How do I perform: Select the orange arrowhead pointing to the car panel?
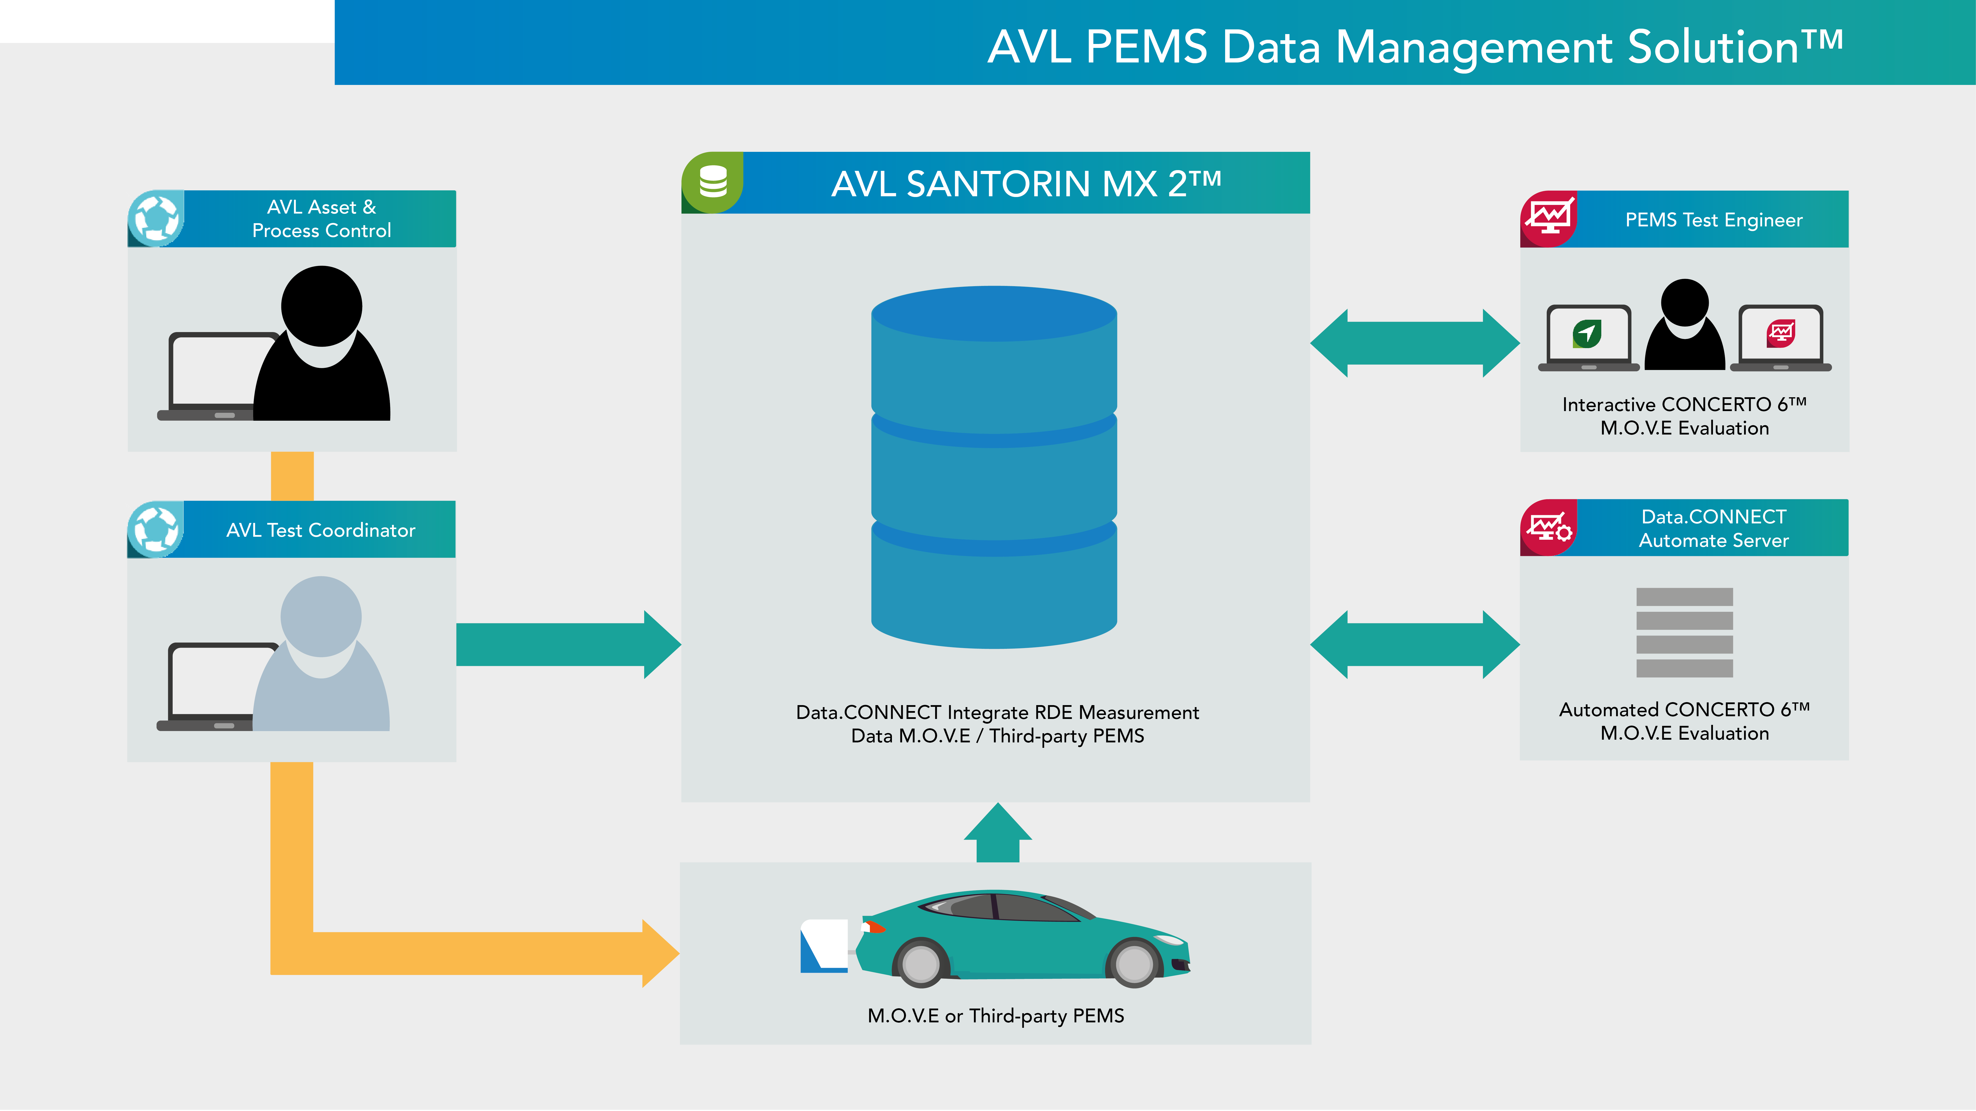(658, 953)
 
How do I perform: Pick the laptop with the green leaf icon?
(1588, 337)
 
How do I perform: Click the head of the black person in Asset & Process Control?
(321, 306)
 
